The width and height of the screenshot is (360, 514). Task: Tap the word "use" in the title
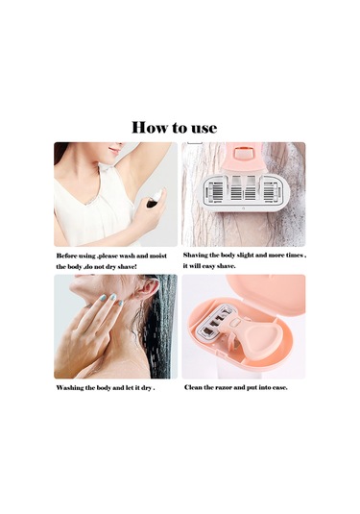pyautogui.click(x=204, y=128)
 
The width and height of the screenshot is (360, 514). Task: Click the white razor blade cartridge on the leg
pyautogui.click(x=243, y=194)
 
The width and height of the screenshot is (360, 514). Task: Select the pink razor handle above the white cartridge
pyautogui.click(x=243, y=158)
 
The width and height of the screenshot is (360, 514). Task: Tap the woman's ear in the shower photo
pyautogui.click(x=149, y=288)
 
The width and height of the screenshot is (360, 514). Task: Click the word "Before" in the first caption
pyautogui.click(x=67, y=256)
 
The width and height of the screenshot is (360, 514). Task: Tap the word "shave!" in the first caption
pyautogui.click(x=127, y=267)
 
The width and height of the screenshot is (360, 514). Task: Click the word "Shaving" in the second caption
pyautogui.click(x=196, y=255)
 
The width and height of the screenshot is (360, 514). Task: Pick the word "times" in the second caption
pyautogui.click(x=294, y=255)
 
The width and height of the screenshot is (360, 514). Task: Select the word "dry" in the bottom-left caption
pyautogui.click(x=146, y=388)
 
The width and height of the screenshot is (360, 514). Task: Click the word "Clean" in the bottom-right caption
pyautogui.click(x=193, y=387)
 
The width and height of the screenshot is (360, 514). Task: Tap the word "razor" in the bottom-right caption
pyautogui.click(x=224, y=387)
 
